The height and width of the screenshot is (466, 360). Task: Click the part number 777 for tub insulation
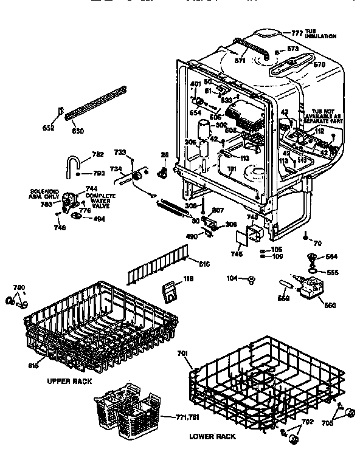click(x=297, y=32)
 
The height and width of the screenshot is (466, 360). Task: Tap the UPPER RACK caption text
click(x=69, y=381)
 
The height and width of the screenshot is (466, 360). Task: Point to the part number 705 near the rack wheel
click(x=328, y=425)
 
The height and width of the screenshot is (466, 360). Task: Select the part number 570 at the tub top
click(x=319, y=63)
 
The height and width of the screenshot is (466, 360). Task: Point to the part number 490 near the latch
click(x=192, y=236)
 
